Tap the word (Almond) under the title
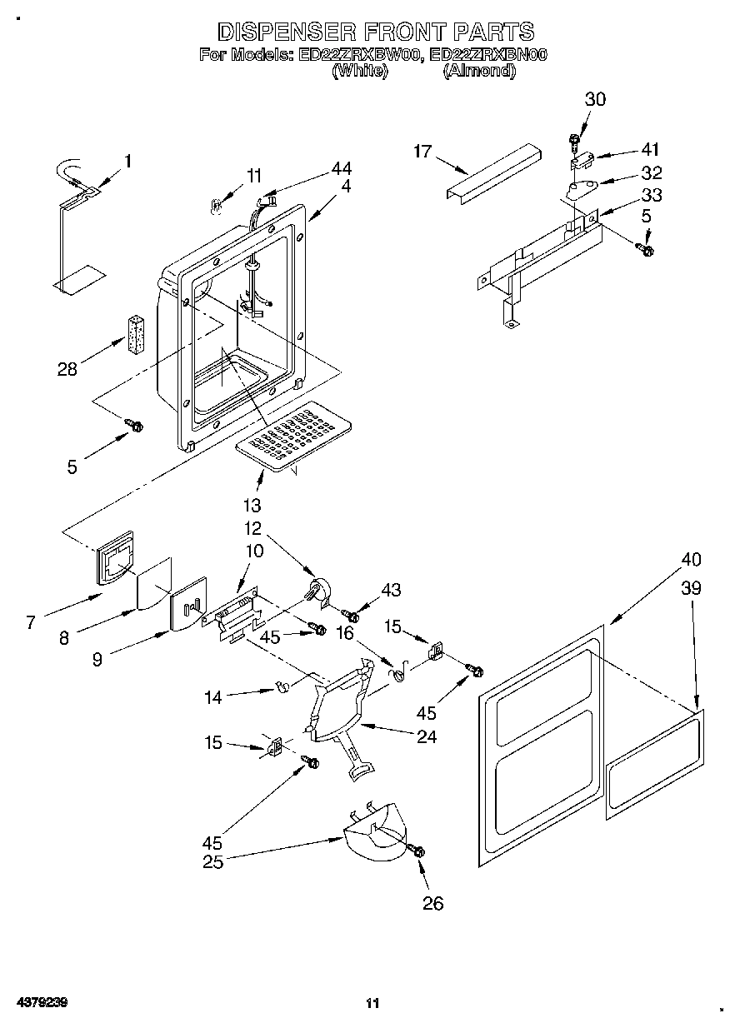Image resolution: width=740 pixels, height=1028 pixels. (478, 72)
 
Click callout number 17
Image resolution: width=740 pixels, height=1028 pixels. (423, 152)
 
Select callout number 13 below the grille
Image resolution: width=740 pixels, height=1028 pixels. (252, 504)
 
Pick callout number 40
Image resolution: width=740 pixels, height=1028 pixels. (691, 559)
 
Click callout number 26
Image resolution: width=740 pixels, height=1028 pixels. (433, 903)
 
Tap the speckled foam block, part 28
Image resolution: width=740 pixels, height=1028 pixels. (137, 333)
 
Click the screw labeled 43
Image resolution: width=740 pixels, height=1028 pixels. (352, 616)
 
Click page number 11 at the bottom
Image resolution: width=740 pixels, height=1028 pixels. (372, 1004)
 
